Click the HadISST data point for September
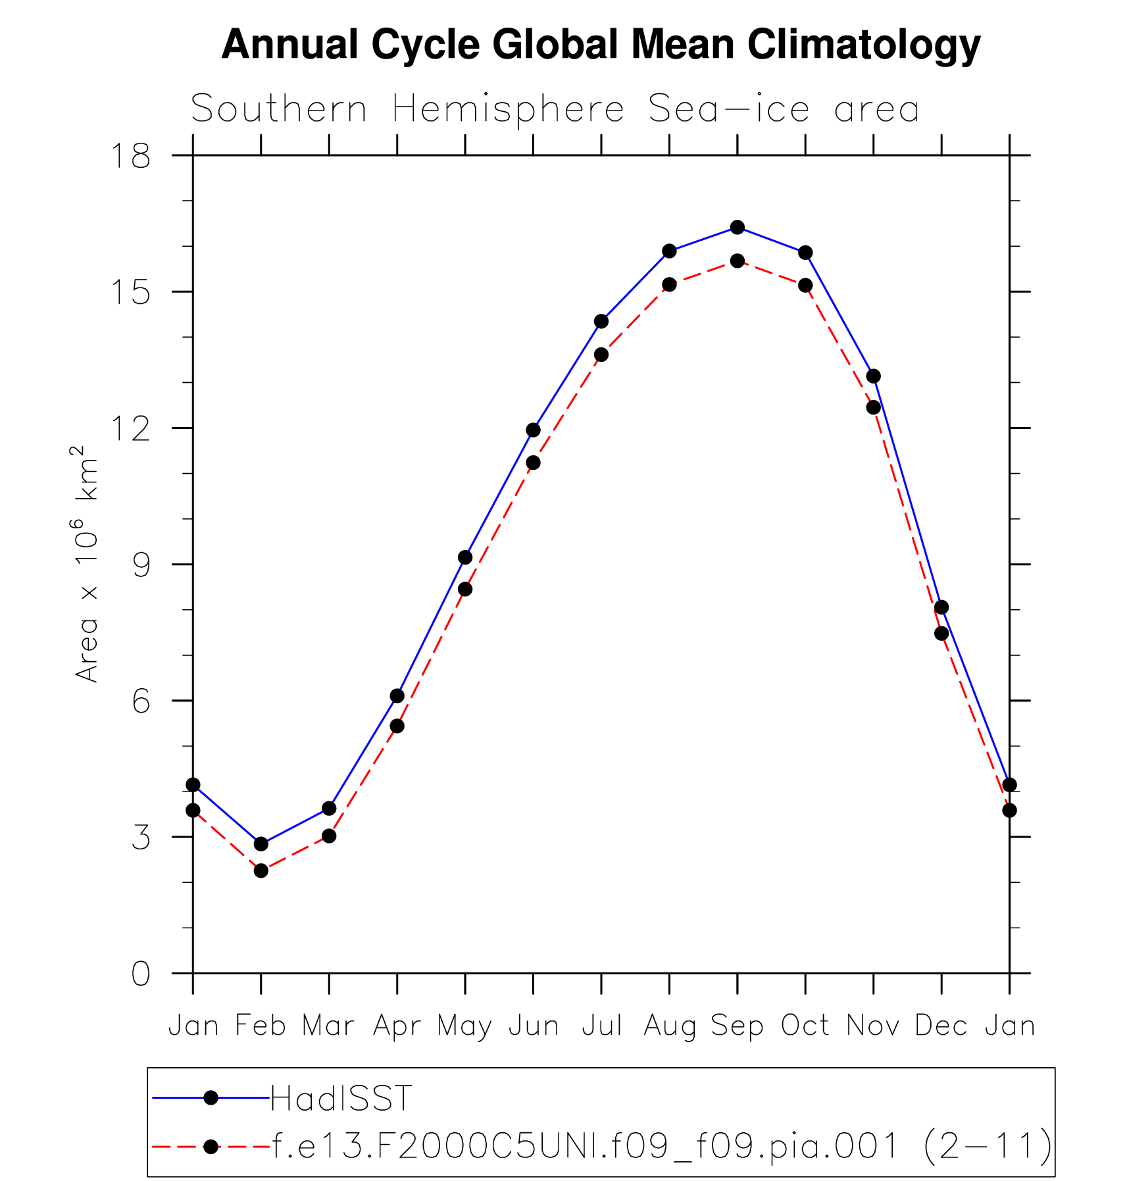point(737,227)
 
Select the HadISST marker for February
point(261,843)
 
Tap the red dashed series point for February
point(261,870)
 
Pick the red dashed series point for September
point(737,261)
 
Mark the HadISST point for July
point(601,321)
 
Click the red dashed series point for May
point(465,589)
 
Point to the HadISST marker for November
point(874,376)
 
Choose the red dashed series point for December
point(941,633)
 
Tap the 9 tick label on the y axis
point(142,565)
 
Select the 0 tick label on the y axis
point(141,974)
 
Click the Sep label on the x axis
point(737,1026)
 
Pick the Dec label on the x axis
point(941,1026)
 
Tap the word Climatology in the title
point(864,45)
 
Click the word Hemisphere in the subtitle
point(508,110)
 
